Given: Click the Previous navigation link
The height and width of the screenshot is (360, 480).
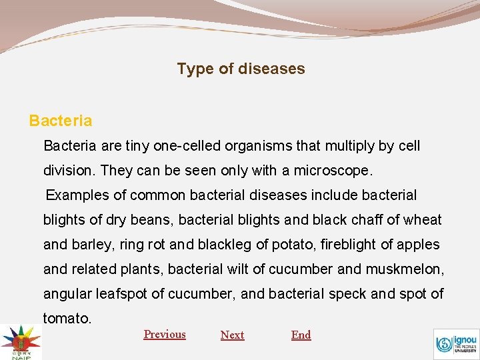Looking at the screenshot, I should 165,334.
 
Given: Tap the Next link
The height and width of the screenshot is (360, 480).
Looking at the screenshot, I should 232,335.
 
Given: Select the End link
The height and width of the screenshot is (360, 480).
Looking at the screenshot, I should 301,335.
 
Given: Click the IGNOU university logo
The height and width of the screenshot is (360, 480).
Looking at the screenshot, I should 456,344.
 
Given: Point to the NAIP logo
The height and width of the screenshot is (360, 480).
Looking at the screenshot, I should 20,341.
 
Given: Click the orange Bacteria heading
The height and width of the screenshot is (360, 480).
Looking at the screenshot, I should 61,121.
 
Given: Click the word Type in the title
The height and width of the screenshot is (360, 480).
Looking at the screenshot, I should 195,69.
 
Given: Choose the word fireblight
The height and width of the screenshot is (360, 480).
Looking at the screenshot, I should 349,245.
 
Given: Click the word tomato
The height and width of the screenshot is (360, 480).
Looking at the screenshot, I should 67,319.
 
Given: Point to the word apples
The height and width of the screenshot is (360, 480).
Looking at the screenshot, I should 418,245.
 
